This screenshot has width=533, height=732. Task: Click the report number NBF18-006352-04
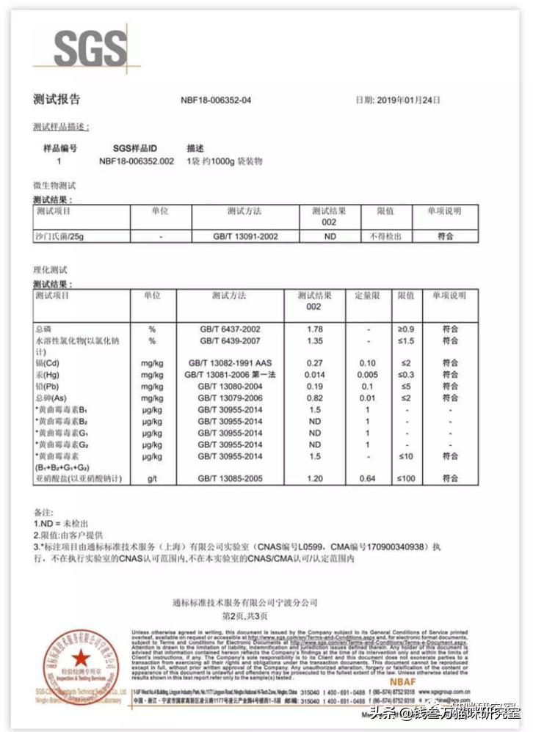click(x=216, y=100)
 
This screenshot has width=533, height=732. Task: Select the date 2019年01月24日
click(x=408, y=100)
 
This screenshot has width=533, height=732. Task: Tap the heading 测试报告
click(x=57, y=100)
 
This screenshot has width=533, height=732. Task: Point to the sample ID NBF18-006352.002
click(x=137, y=160)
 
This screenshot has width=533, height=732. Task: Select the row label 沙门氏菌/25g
click(x=59, y=237)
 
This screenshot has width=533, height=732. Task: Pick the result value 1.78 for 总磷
click(x=315, y=329)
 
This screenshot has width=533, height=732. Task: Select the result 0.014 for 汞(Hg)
click(x=315, y=375)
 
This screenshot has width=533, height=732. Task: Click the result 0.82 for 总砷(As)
click(x=315, y=398)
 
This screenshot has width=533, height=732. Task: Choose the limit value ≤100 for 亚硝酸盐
click(x=407, y=479)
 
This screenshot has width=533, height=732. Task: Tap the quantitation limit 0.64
click(x=367, y=479)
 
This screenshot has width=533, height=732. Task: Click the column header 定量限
click(x=367, y=296)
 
